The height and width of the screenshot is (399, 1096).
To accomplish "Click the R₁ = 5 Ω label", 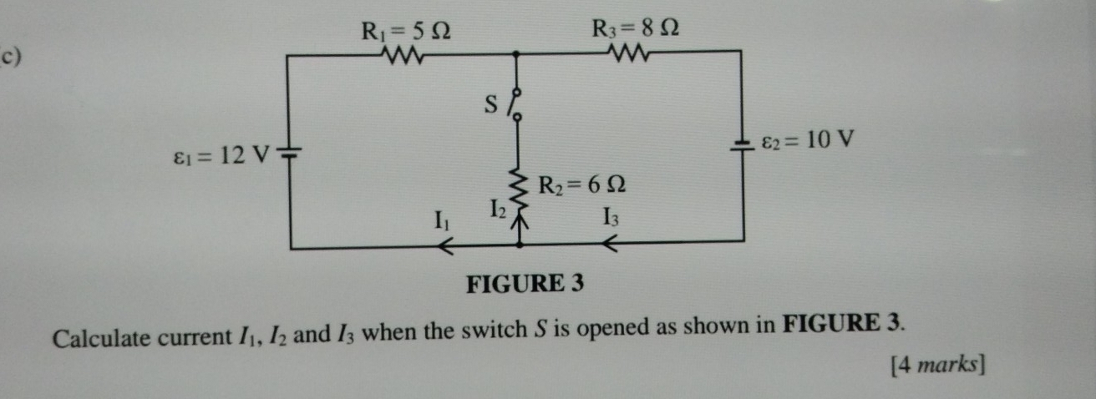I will (406, 32).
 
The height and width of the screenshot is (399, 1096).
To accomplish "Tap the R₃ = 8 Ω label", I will (635, 28).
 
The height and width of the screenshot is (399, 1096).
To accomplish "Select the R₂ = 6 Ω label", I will (583, 184).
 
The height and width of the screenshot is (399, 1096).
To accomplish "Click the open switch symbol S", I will (518, 104).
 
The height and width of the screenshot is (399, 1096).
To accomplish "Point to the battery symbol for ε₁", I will (290, 153).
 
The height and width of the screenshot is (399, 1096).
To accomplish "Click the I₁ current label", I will (440, 222).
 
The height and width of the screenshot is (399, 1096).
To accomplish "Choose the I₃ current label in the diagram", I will (611, 220).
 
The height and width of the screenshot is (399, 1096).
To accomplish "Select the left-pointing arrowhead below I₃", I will (611, 245).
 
